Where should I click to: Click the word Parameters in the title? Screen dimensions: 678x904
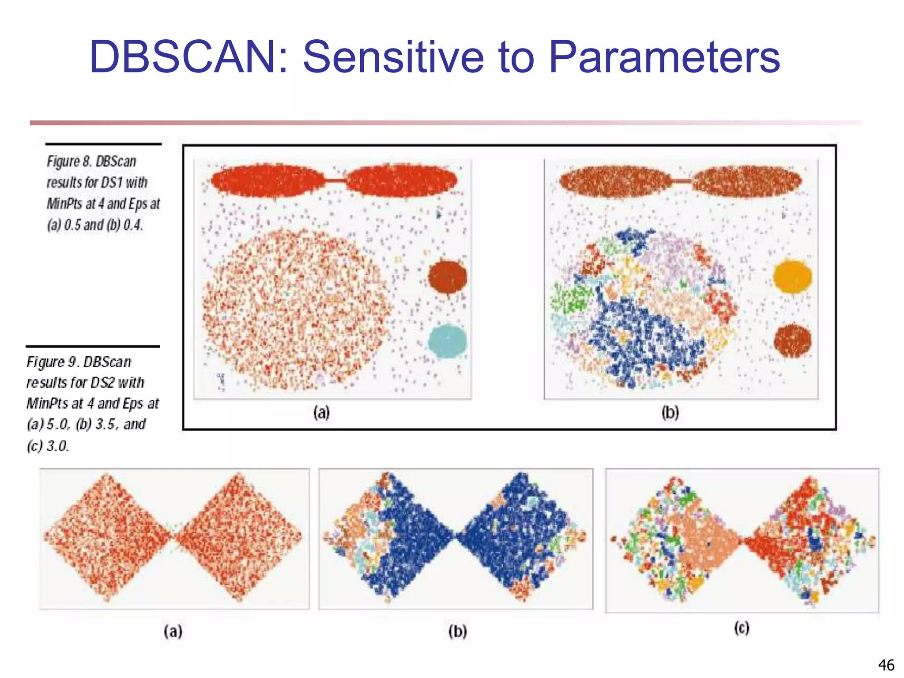pos(664,57)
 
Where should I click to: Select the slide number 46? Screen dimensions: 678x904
pos(886,665)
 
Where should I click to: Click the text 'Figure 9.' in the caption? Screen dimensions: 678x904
pos(53,362)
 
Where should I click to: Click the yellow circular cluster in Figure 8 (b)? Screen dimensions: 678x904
pos(792,277)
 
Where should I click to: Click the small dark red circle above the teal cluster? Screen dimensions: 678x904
pos(447,277)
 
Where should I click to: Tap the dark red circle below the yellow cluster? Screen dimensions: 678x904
pos(792,341)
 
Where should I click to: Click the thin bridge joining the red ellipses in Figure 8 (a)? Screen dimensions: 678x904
pos(335,180)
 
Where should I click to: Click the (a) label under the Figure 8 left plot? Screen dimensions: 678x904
pos(321,413)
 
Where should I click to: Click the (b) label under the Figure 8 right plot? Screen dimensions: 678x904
pos(670,413)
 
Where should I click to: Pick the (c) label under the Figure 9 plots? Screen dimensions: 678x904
pos(742,628)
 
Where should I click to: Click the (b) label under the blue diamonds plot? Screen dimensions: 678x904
pos(457,632)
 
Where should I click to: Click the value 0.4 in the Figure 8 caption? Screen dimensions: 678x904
pos(132,225)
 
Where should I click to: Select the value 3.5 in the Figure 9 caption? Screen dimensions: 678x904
pos(105,424)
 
